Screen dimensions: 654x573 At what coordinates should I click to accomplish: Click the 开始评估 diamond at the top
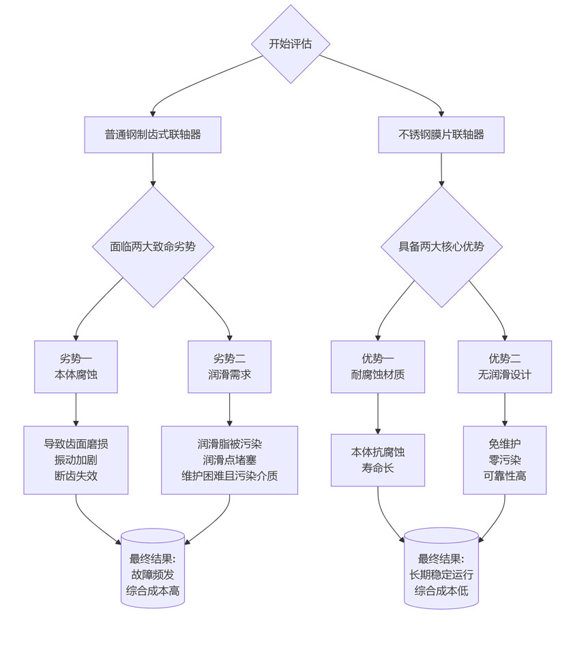(291, 44)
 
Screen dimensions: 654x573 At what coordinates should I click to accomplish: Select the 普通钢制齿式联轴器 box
(153, 134)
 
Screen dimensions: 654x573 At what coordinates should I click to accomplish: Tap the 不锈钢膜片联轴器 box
(441, 134)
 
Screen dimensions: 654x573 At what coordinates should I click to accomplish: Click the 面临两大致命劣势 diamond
(153, 247)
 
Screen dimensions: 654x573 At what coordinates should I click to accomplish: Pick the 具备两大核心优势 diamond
(441, 247)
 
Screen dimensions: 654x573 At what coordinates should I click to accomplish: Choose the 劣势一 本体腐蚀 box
(76, 367)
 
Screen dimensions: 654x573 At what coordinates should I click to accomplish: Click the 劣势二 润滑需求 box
(229, 367)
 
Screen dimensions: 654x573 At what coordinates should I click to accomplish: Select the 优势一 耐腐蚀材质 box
(377, 367)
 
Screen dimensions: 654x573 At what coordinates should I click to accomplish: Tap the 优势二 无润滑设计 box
(505, 367)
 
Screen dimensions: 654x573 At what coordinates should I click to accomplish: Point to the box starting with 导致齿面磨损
(76, 460)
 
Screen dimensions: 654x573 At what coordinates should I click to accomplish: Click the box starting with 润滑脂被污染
(229, 460)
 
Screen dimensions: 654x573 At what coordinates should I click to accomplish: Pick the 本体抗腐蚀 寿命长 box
(377, 460)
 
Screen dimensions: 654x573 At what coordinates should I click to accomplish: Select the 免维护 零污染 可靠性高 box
(505, 460)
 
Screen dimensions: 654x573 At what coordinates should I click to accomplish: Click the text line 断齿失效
(76, 476)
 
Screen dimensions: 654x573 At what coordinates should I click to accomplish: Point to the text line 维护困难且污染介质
(229, 476)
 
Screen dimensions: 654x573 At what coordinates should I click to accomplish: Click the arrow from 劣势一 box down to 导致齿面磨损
(76, 409)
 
